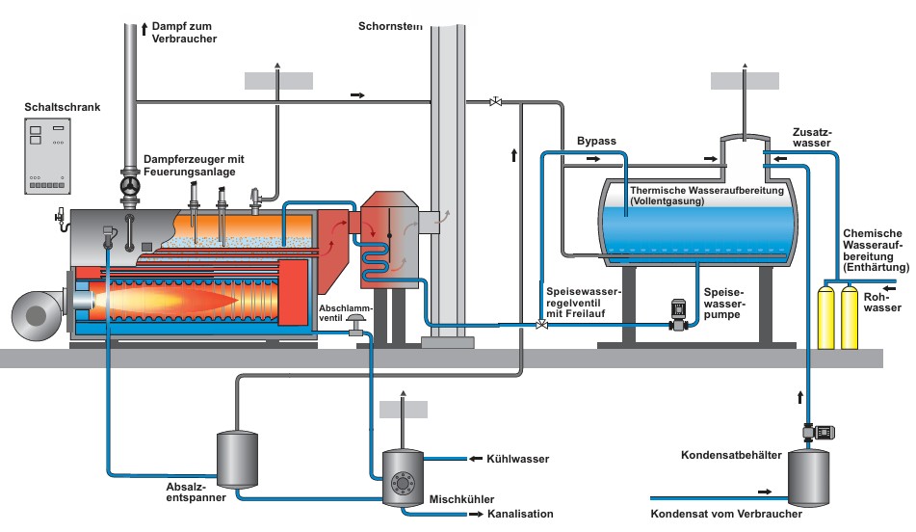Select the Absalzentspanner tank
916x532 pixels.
pos(237,461)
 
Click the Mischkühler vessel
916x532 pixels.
pos(405,476)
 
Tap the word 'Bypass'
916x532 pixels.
pos(596,142)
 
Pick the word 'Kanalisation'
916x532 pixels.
pos(521,514)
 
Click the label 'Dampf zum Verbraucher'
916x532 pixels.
pos(185,31)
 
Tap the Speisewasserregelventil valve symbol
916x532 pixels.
pos(541,325)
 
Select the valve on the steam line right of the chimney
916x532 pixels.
pos(496,100)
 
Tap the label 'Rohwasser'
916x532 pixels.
pos(882,302)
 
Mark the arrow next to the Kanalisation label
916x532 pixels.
pos(478,515)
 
